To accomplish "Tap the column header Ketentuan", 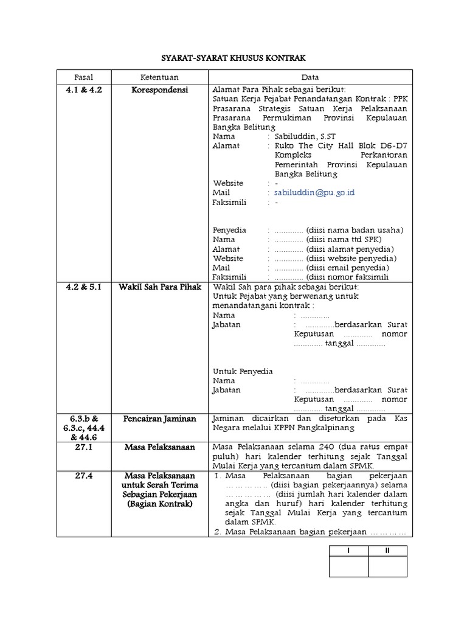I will coord(160,77).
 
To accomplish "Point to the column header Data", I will coord(310,77).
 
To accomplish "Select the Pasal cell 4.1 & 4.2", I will coord(84,89).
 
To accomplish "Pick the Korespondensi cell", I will coord(160,89).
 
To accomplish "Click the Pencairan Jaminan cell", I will coord(160,419).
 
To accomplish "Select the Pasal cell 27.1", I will coord(84,447).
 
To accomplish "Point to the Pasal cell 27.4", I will coord(84,475).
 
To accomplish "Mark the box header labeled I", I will coord(348,551).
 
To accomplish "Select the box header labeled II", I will coord(387,551).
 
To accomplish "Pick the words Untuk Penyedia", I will coord(243,371).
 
